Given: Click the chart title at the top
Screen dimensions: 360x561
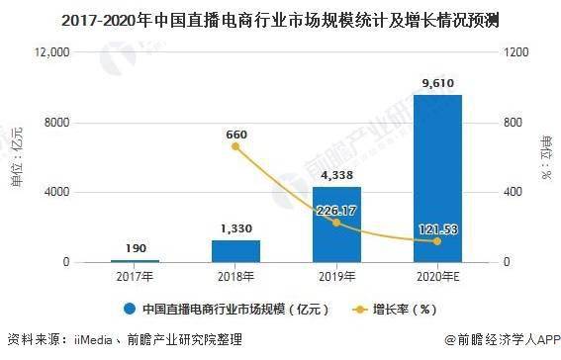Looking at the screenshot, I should (280, 17).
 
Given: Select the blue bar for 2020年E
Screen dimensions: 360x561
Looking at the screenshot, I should (436, 178).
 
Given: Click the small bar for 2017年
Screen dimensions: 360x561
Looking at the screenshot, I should (136, 260).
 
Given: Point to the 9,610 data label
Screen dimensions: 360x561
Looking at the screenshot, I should (436, 83).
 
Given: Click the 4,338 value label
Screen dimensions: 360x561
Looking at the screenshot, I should (336, 175).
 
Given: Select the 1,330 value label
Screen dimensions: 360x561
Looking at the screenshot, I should (235, 227).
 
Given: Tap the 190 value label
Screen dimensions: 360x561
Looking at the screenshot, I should (136, 247).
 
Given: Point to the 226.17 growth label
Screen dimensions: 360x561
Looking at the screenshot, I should (336, 210).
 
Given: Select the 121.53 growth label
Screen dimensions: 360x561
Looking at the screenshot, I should (436, 228).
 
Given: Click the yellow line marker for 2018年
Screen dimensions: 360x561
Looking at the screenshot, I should (235, 146).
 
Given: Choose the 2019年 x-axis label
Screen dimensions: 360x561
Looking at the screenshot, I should (336, 276).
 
